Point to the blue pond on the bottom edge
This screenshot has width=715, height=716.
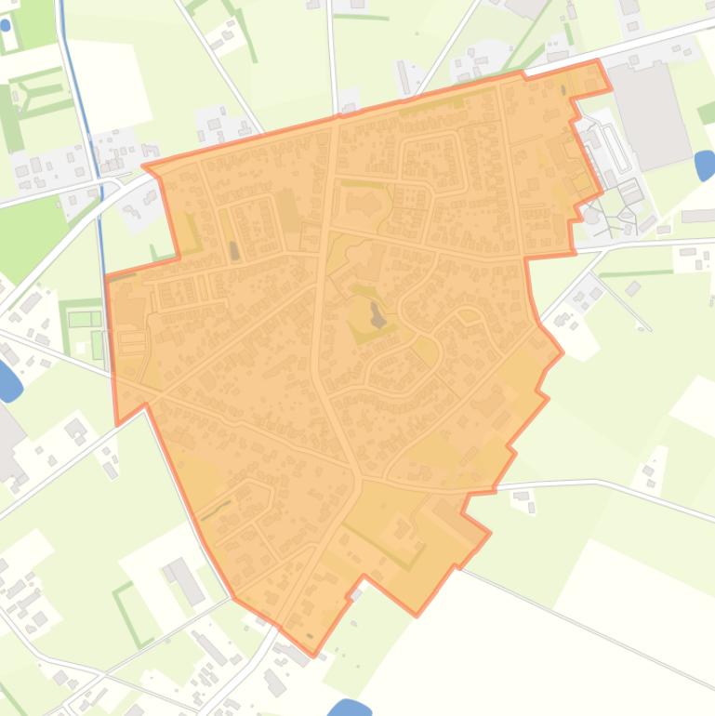point(349,709)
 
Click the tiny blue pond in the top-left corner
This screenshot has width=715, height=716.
point(6,25)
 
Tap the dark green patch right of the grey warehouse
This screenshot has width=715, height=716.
point(707,113)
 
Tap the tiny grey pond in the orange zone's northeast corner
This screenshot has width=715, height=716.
point(563,91)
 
